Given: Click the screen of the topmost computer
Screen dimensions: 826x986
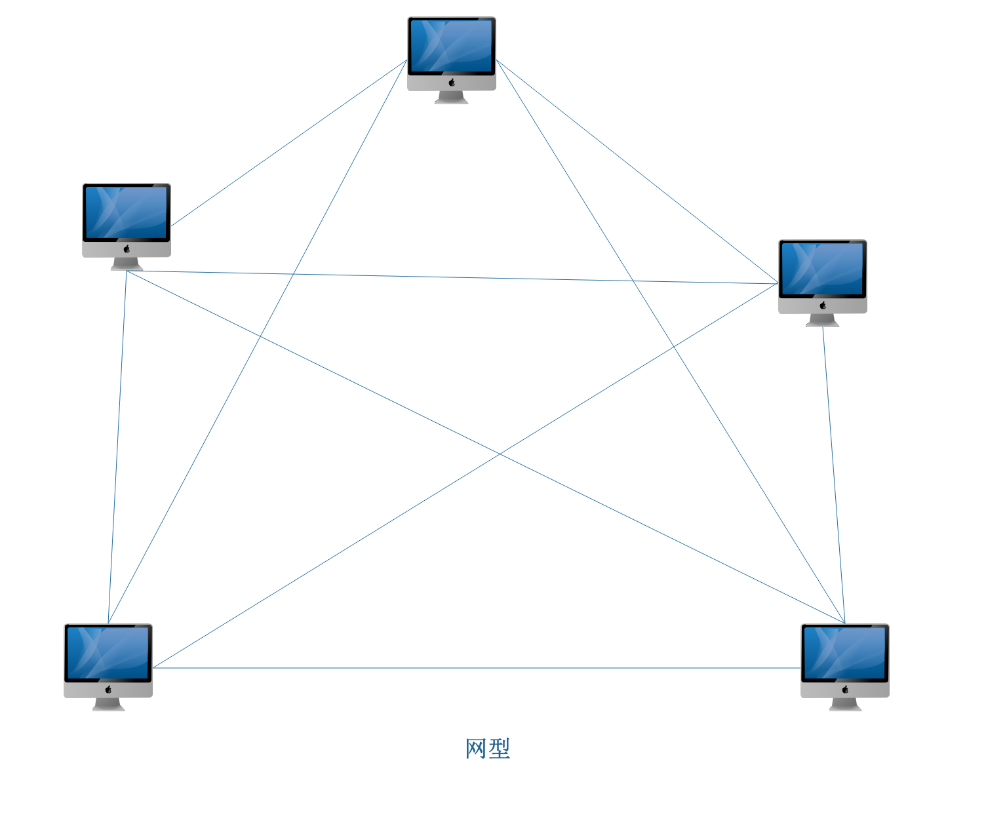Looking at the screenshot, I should (451, 45).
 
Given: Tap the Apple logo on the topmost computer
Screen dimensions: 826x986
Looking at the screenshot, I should (452, 82).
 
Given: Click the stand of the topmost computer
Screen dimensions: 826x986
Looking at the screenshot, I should (451, 98).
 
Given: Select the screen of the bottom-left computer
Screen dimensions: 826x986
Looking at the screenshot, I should (108, 652).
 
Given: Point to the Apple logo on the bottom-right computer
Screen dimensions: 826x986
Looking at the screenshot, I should (845, 689).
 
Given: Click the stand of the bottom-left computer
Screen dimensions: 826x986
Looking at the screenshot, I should (108, 705).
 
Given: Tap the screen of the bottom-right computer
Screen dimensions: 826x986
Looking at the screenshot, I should (845, 652).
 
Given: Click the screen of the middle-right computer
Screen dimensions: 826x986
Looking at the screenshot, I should (823, 268).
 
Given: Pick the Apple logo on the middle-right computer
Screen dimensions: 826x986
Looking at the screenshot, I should (823, 305).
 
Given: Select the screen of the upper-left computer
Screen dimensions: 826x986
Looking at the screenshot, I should (127, 212).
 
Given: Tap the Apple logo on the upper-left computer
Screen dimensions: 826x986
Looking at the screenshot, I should (127, 248).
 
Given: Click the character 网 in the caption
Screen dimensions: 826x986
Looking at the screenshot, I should (476, 749).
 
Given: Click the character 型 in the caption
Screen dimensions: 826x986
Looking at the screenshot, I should (500, 749).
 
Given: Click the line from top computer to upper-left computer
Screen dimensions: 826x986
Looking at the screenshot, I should (289, 143).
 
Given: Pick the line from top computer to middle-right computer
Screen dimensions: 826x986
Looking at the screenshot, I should (637, 171).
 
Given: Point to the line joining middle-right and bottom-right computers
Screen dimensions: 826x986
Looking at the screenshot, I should (834, 475).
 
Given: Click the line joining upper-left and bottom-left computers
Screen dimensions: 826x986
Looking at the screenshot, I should (117, 446).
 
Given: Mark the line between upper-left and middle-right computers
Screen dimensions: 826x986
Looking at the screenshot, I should (452, 277).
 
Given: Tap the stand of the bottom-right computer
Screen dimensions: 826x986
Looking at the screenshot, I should (845, 705).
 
